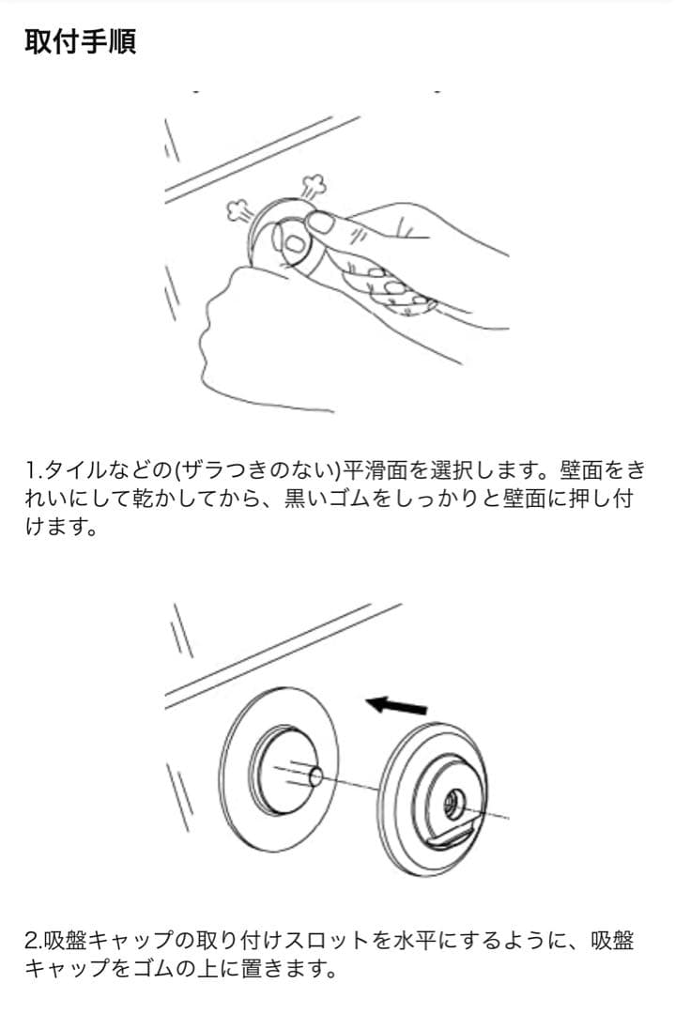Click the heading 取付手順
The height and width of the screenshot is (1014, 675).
(x=80, y=42)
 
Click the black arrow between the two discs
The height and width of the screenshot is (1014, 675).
(x=395, y=703)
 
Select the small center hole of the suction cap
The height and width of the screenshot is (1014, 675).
(x=451, y=799)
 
